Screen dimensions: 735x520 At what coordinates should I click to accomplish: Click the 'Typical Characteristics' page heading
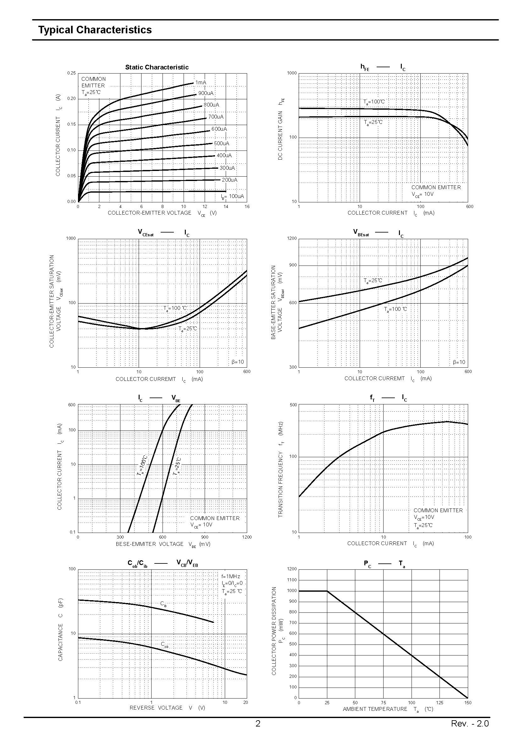click(x=95, y=30)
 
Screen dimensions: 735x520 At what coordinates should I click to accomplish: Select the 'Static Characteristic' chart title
click(x=157, y=67)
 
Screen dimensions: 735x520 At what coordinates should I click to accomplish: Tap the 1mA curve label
click(x=201, y=83)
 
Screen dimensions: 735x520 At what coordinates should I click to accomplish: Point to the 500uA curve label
click(x=222, y=143)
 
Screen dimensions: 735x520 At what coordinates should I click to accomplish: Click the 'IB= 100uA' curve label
click(x=232, y=196)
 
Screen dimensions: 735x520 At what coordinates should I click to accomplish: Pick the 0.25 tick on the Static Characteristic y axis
click(x=71, y=73)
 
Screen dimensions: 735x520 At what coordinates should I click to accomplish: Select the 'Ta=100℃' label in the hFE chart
click(x=374, y=102)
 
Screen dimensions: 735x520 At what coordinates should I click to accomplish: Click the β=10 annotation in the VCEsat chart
click(x=238, y=362)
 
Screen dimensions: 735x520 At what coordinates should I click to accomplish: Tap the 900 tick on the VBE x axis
click(x=205, y=537)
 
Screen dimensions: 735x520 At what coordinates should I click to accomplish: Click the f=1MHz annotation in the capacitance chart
click(x=230, y=577)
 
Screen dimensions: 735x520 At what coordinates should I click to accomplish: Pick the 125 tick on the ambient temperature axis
click(x=440, y=703)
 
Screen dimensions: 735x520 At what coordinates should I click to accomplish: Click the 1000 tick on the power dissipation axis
click(x=292, y=591)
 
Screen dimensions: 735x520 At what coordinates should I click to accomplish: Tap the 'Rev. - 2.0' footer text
click(x=470, y=723)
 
